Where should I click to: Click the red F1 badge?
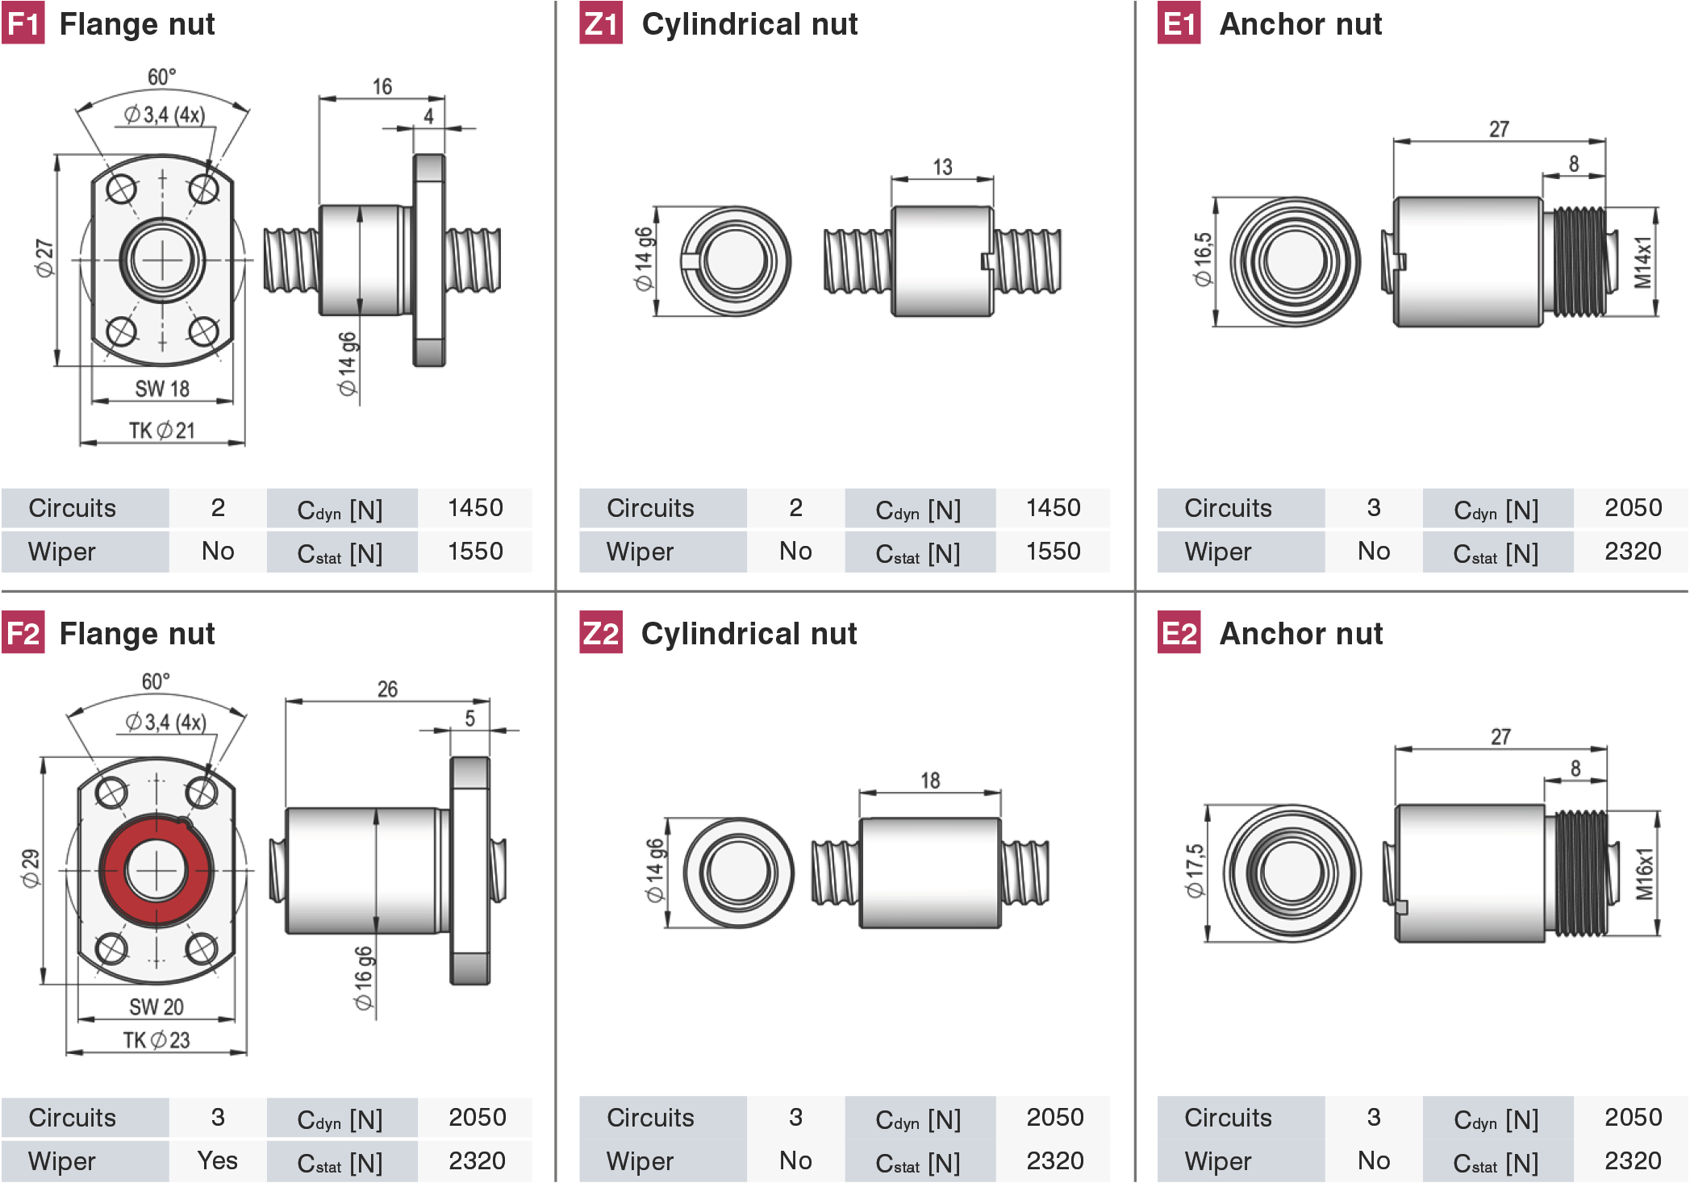click(23, 23)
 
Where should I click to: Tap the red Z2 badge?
click(601, 633)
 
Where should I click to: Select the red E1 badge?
click(1179, 23)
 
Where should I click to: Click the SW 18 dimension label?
click(162, 389)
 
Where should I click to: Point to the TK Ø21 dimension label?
click(162, 431)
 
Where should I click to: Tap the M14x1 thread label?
click(1643, 262)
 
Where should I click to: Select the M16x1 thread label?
click(1644, 873)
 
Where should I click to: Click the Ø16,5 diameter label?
click(1203, 260)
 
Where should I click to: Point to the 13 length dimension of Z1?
click(942, 167)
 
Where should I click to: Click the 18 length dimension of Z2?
click(930, 780)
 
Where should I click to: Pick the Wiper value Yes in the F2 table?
click(217, 1160)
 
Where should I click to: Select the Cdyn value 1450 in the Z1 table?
click(1053, 507)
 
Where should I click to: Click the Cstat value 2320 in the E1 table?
click(1633, 551)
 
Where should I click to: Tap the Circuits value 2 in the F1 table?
click(218, 507)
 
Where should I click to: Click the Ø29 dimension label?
click(31, 869)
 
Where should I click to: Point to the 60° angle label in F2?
click(156, 681)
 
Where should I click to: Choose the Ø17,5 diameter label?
click(1195, 871)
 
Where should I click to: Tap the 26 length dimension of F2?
click(387, 689)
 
